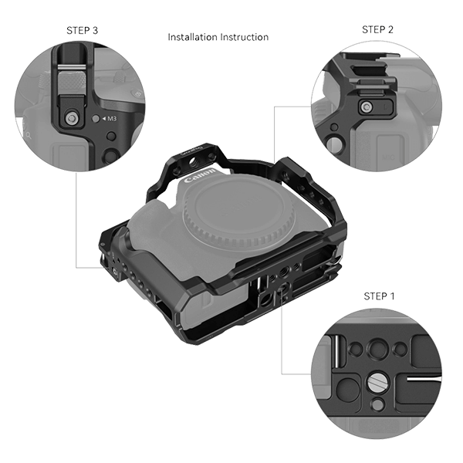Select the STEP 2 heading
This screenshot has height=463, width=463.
tap(377, 29)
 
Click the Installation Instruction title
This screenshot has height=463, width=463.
tap(218, 37)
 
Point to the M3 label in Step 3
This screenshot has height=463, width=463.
tap(110, 119)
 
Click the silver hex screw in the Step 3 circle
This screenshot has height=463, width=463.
tap(71, 118)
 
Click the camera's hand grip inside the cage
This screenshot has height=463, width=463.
tap(150, 255)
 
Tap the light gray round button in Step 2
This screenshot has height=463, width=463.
tap(336, 144)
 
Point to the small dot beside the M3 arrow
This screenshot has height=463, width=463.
tap(94, 119)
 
